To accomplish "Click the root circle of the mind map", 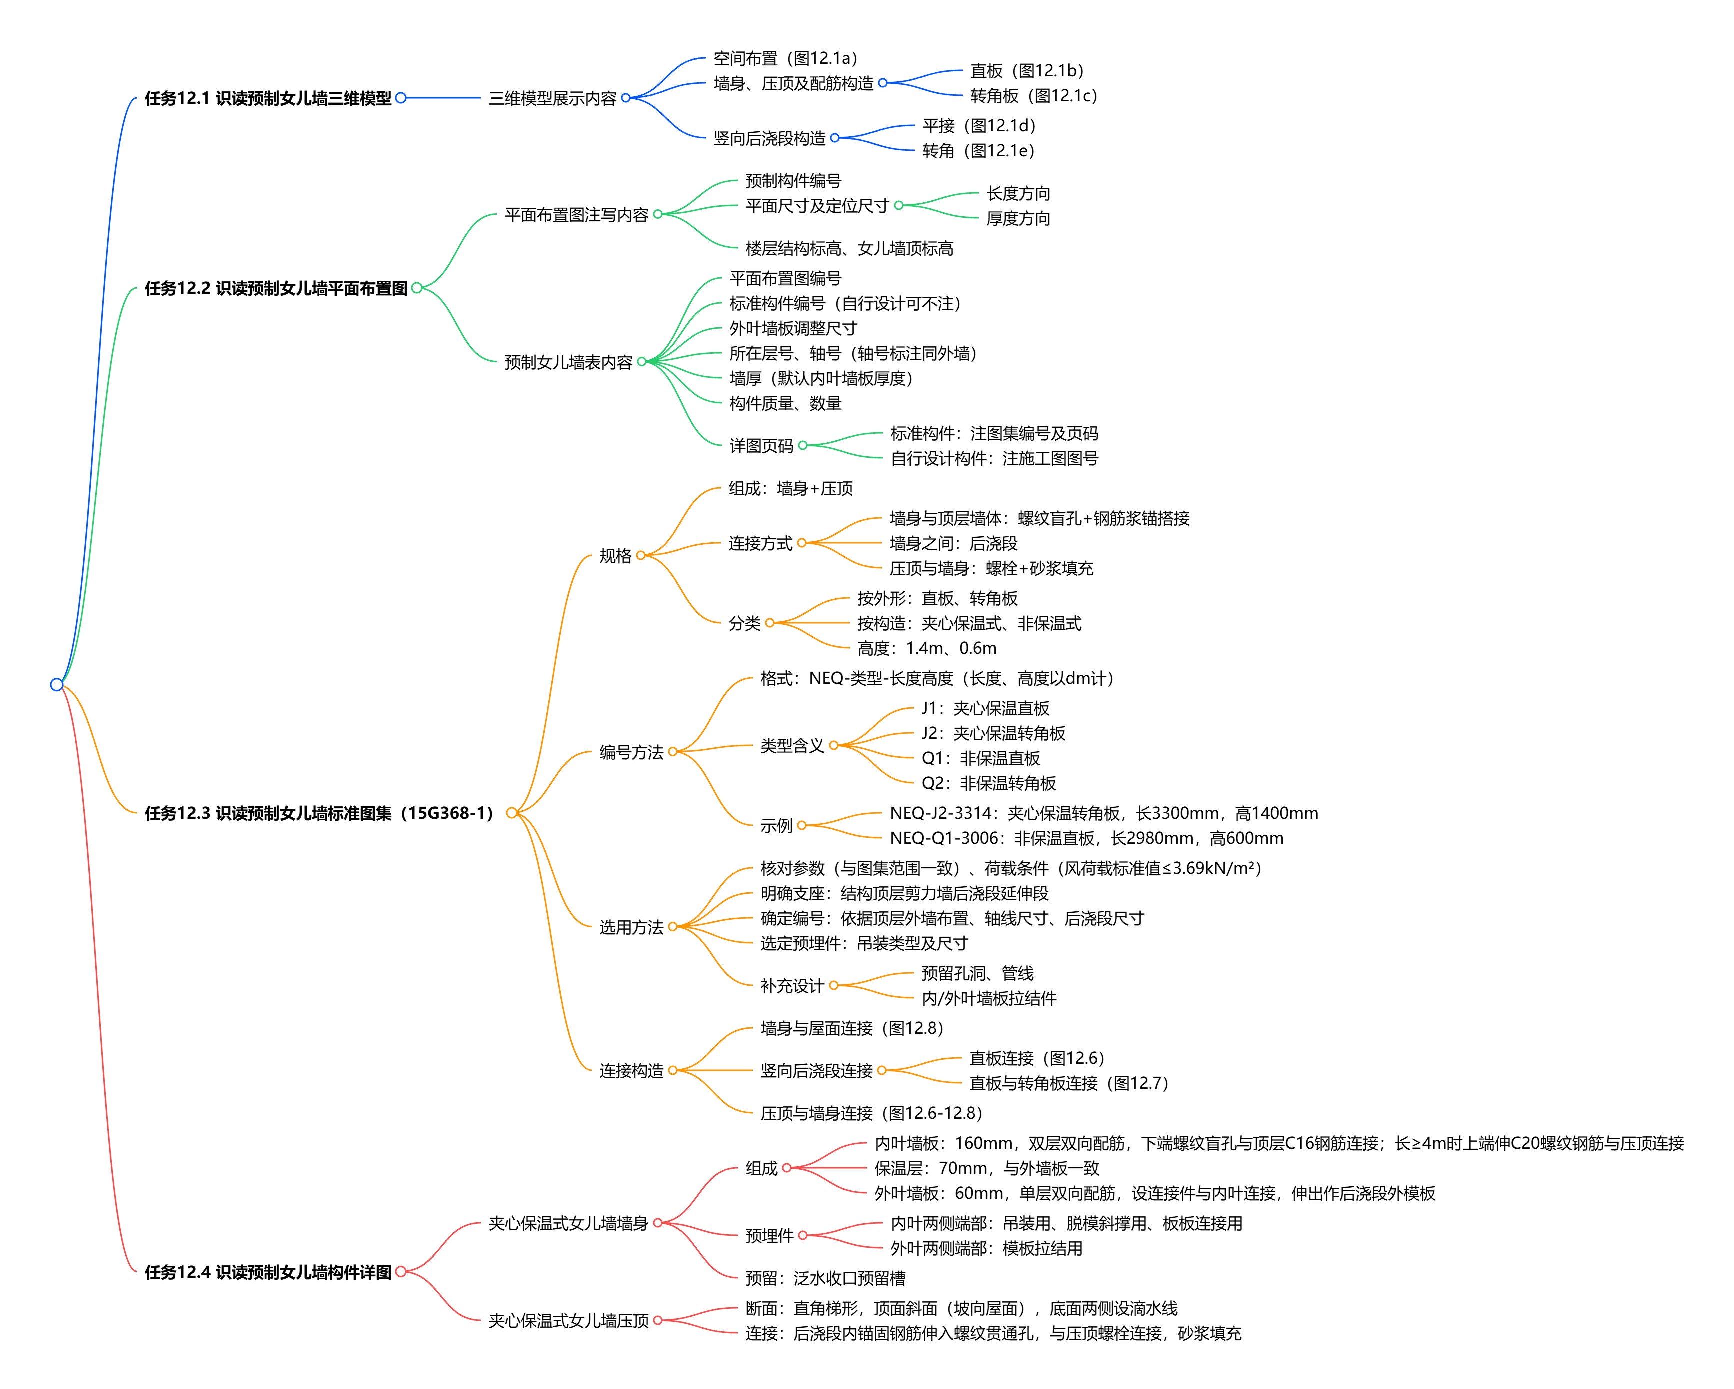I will [56, 684].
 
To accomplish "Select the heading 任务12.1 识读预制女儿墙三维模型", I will [268, 98].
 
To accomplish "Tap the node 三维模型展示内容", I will [552, 98].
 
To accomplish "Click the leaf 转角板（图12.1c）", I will [1033, 95].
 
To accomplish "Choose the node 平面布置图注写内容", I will [576, 214].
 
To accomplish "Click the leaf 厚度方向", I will [1018, 219].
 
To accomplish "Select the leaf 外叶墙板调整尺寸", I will [793, 328].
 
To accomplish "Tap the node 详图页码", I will [761, 445].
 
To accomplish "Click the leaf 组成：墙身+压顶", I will [790, 488].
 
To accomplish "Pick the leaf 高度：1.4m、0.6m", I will [926, 648].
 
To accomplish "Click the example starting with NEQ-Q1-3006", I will [1086, 838].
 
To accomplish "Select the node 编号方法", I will [631, 752].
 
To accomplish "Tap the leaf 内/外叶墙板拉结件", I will [988, 998].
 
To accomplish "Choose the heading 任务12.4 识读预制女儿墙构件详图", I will [268, 1272].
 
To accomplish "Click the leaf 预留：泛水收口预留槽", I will [825, 1278].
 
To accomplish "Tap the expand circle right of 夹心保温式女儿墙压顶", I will [658, 1320].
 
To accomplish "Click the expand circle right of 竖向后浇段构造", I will [835, 138].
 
